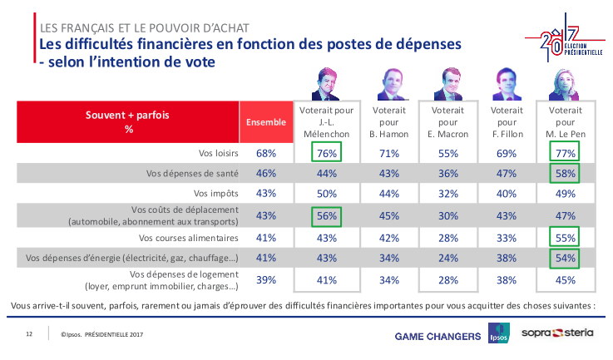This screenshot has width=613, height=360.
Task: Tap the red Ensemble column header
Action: tap(265, 123)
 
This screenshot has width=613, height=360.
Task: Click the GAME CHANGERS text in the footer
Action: tap(438, 336)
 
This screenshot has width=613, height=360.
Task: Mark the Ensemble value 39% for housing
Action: tap(265, 280)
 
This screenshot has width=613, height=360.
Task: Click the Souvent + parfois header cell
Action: tap(129, 123)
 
